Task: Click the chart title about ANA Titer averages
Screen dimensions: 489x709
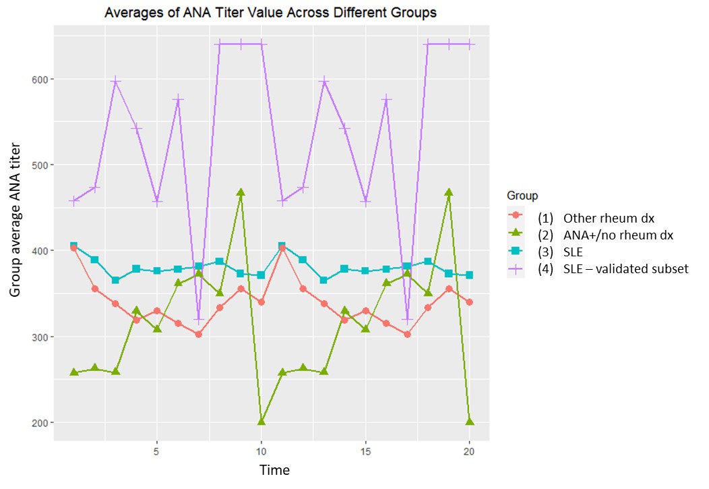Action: [x=270, y=12]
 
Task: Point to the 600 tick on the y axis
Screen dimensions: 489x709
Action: [x=40, y=80]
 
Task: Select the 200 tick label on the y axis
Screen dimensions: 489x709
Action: [x=40, y=423]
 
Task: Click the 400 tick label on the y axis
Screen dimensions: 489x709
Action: [x=40, y=251]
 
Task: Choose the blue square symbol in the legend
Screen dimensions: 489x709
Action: [x=516, y=251]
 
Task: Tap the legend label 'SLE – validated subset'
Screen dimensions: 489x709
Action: [x=626, y=268]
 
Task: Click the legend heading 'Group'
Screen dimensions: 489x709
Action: [x=522, y=196]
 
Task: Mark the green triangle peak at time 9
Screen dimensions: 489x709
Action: [x=241, y=192]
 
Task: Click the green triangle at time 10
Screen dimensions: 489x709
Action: [x=261, y=422]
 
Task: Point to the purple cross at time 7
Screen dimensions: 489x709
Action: [x=199, y=319]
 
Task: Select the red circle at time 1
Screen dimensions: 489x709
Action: [x=74, y=248]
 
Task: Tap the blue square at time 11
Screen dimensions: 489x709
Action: [x=282, y=246]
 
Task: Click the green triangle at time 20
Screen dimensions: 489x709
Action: [x=470, y=422]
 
